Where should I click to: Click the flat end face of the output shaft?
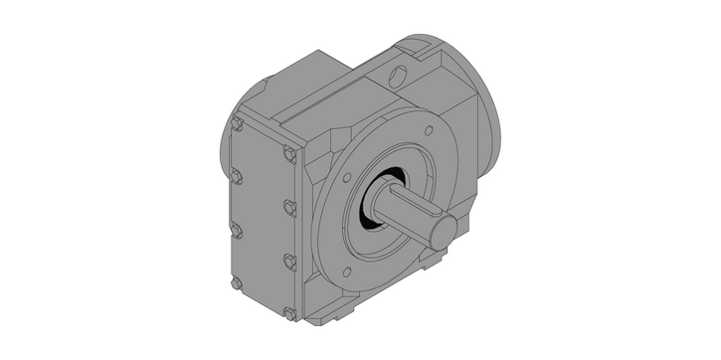[444, 231]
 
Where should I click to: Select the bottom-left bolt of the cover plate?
[236, 283]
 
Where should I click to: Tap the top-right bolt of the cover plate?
[287, 155]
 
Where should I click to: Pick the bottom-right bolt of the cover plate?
[289, 314]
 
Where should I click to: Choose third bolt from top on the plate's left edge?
[236, 231]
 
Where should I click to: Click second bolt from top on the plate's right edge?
[288, 208]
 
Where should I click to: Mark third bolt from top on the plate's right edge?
[288, 262]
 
